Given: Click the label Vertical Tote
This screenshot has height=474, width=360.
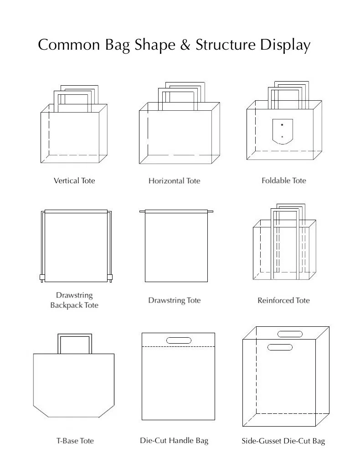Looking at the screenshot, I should tap(74, 180).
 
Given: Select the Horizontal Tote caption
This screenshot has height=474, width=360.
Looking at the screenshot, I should tap(174, 181).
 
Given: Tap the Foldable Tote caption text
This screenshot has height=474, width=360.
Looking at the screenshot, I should tap(283, 180).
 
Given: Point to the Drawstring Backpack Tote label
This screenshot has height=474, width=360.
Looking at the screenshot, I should tap(74, 300).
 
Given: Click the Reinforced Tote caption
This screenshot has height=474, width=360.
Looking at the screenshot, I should tap(283, 300).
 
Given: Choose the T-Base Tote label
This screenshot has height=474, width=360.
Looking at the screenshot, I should tap(75, 441).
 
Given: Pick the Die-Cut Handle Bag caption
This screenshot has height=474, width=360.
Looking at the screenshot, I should tap(174, 440).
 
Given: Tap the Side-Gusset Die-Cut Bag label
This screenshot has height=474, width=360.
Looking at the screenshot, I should tap(283, 441).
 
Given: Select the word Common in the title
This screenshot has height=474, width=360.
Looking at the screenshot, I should tap(66, 45).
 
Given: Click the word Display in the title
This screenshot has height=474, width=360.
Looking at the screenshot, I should tap(285, 46).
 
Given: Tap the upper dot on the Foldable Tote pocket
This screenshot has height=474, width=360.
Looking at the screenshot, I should tap(282, 125).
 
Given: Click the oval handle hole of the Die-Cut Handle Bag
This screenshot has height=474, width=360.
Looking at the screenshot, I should tap(179, 340).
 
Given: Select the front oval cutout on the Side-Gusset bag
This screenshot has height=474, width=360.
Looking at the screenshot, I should tap(280, 348).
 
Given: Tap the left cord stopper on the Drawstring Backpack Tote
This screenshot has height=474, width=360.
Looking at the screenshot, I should tap(41, 277).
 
